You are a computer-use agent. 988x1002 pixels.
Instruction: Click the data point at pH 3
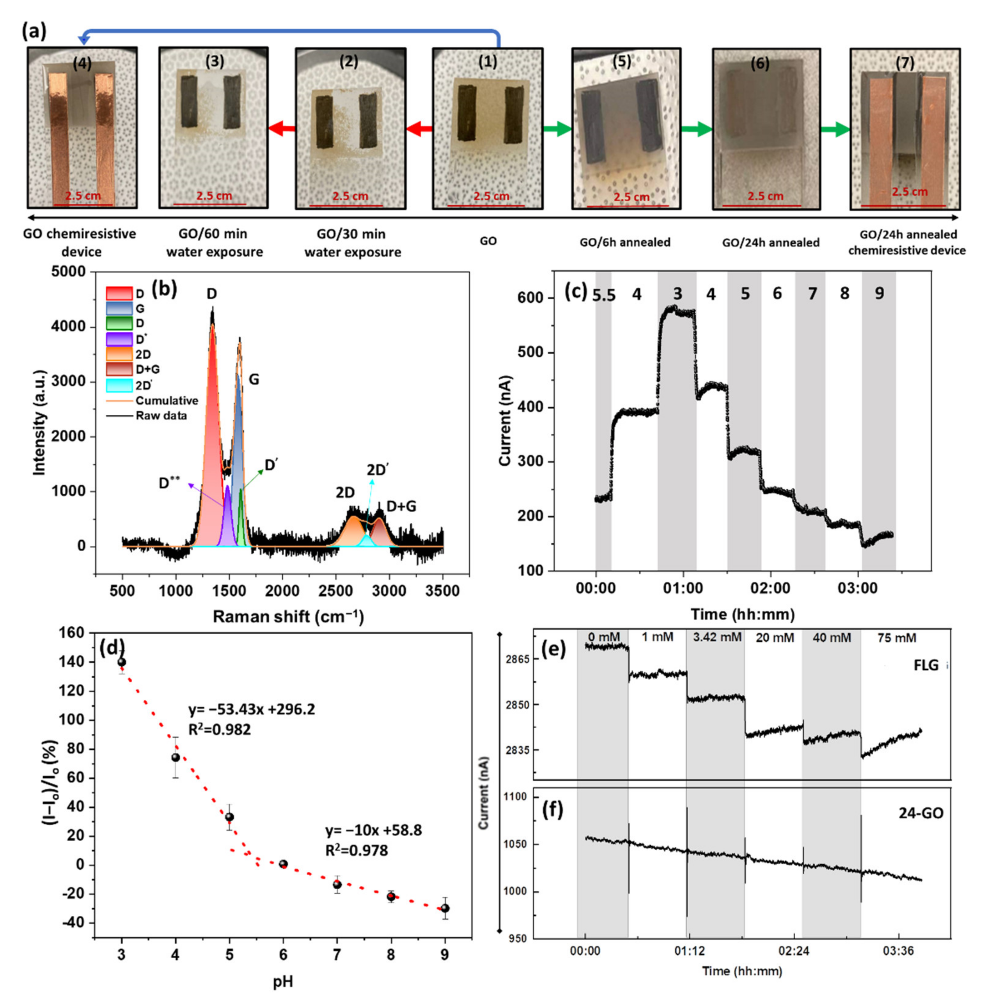click(122, 662)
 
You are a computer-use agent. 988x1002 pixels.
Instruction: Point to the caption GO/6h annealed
click(625, 242)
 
